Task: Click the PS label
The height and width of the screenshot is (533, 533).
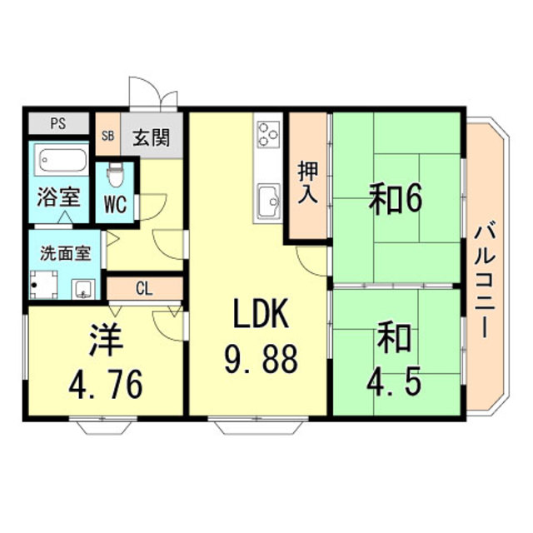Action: tap(57, 125)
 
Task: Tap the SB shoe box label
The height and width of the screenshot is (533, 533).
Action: tap(107, 136)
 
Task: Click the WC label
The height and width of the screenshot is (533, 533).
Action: tap(116, 205)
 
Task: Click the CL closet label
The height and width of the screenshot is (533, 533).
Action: tap(143, 288)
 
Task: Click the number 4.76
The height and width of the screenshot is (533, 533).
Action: tap(106, 384)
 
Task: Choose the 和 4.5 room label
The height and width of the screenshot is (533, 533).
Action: tap(396, 360)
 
